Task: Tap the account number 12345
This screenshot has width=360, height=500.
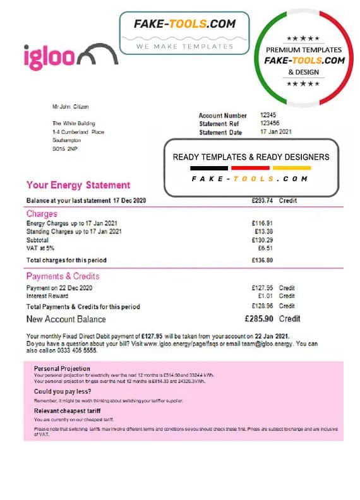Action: (269, 116)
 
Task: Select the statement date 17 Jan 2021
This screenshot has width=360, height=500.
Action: (277, 132)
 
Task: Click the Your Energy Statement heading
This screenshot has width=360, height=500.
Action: (78, 185)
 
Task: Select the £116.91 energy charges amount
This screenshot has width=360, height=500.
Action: (262, 223)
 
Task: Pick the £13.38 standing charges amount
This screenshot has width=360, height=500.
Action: (263, 232)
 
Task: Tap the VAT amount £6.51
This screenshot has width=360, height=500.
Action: (265, 249)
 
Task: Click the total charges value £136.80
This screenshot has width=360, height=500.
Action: (261, 260)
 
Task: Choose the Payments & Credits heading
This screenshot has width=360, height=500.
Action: (63, 277)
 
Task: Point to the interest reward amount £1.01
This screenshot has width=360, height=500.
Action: (264, 296)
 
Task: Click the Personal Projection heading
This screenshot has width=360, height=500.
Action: (62, 369)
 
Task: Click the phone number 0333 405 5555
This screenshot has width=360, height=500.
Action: (80, 350)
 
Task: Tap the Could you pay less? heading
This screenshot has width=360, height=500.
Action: (62, 391)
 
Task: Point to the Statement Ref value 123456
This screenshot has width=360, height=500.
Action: (271, 124)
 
